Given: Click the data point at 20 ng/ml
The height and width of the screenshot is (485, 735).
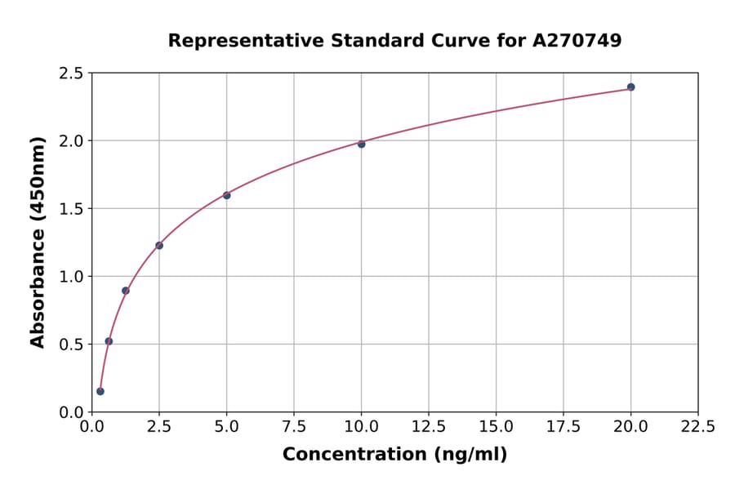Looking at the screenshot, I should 630,87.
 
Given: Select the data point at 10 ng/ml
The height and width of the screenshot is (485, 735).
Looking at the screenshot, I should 361,144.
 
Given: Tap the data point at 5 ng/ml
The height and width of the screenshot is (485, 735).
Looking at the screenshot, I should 227,195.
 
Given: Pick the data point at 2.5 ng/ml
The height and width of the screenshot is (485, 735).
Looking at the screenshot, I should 159,245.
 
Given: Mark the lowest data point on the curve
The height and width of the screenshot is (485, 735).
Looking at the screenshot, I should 100,391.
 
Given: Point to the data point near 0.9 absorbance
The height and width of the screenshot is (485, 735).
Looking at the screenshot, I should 126,291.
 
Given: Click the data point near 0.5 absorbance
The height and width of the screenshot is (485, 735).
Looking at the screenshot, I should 109,341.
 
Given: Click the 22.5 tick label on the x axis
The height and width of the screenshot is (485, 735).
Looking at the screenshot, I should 697,426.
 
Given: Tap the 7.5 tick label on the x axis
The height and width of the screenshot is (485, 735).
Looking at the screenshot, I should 294,426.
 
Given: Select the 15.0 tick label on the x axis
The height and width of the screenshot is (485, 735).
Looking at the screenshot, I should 496,426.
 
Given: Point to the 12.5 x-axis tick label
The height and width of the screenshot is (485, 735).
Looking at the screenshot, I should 429,426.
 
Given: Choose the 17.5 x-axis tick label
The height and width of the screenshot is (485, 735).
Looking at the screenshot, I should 563,426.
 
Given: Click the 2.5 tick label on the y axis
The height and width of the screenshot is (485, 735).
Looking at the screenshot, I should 72,73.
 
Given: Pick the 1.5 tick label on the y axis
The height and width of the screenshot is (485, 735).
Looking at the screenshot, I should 72,209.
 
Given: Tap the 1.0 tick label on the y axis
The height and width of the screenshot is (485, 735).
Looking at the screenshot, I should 72,277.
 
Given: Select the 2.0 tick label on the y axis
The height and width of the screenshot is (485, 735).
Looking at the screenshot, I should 72,141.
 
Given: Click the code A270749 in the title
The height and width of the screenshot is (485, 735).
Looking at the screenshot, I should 577,40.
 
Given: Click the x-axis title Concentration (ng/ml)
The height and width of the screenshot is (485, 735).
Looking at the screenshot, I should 394,455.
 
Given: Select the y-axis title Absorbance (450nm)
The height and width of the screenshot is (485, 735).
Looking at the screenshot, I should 38,242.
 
